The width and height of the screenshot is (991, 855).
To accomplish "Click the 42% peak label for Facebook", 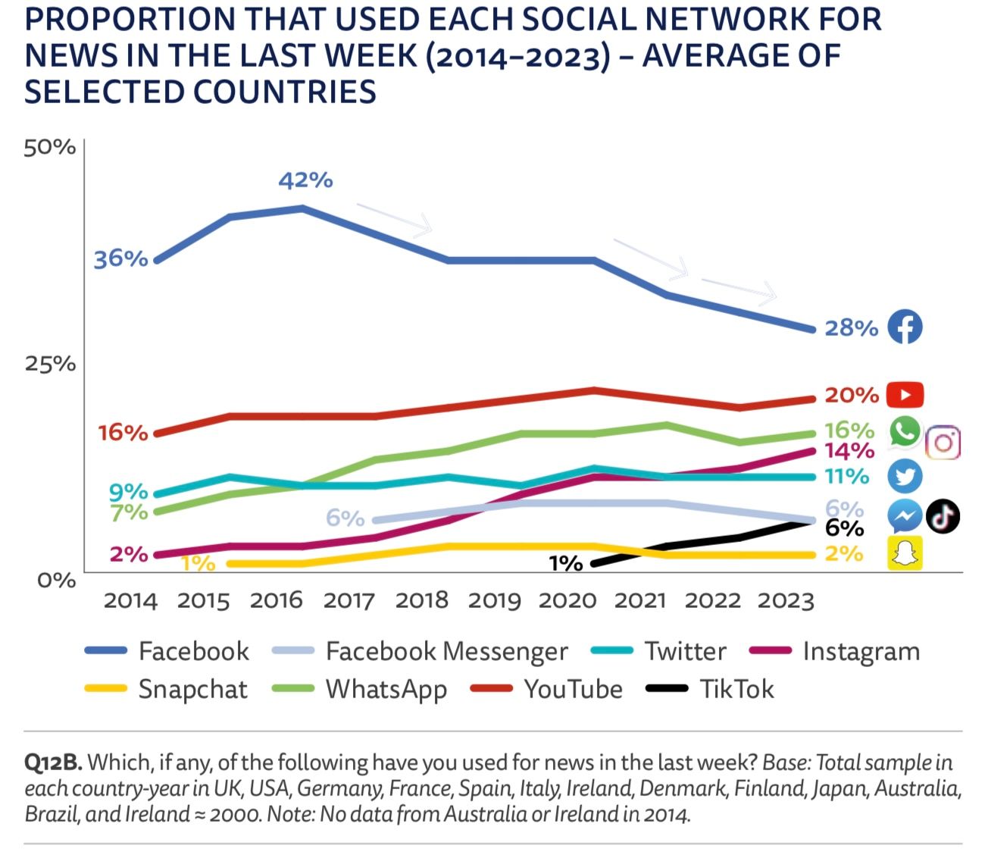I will (x=305, y=180).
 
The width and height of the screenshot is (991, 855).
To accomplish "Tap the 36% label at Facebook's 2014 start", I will (x=120, y=258).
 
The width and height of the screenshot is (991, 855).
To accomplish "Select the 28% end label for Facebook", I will (x=851, y=327).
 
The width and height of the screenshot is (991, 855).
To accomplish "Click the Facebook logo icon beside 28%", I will (x=905, y=327).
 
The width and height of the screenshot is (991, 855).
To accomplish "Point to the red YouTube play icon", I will (x=905, y=395).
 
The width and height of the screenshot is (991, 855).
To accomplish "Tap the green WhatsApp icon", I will (x=905, y=431).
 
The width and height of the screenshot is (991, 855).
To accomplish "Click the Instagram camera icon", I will (x=943, y=442).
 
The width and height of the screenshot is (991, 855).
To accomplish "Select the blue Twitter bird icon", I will (x=905, y=476).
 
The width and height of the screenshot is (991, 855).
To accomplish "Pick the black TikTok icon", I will (x=943, y=516).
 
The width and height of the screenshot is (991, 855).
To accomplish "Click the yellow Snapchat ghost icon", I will (x=905, y=553).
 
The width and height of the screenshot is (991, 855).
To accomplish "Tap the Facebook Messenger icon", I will (x=905, y=516).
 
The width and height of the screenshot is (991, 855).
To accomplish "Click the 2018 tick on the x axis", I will (x=421, y=600).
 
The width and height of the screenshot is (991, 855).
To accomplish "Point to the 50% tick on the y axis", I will (x=49, y=147).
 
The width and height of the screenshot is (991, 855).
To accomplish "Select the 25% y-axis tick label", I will (x=50, y=364).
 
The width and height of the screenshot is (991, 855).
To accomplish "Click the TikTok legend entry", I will (x=710, y=689).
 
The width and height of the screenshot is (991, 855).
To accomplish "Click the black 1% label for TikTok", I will (x=566, y=563).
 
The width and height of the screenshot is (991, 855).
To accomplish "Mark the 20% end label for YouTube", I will (x=852, y=395).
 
